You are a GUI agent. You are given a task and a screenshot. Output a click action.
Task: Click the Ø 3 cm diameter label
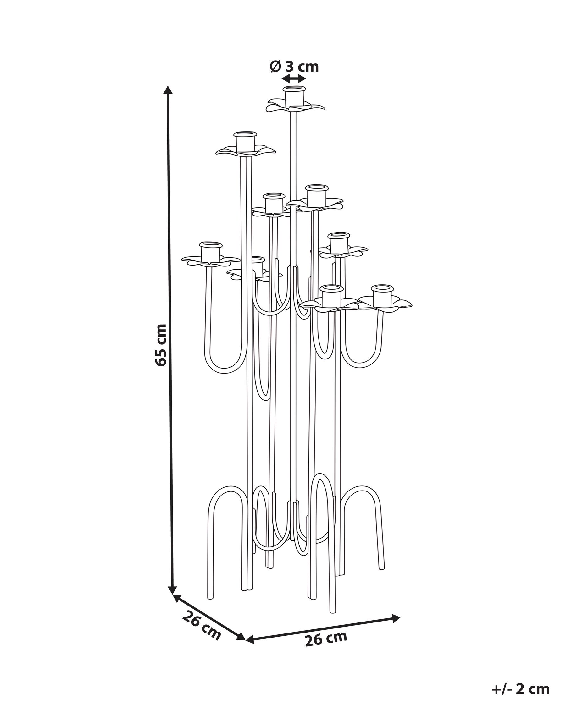pos(294,67)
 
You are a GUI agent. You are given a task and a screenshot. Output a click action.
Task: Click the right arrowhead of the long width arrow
pos(396,618)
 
